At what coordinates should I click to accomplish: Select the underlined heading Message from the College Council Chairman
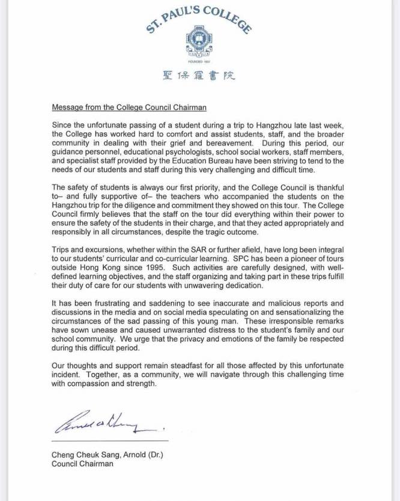129,108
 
